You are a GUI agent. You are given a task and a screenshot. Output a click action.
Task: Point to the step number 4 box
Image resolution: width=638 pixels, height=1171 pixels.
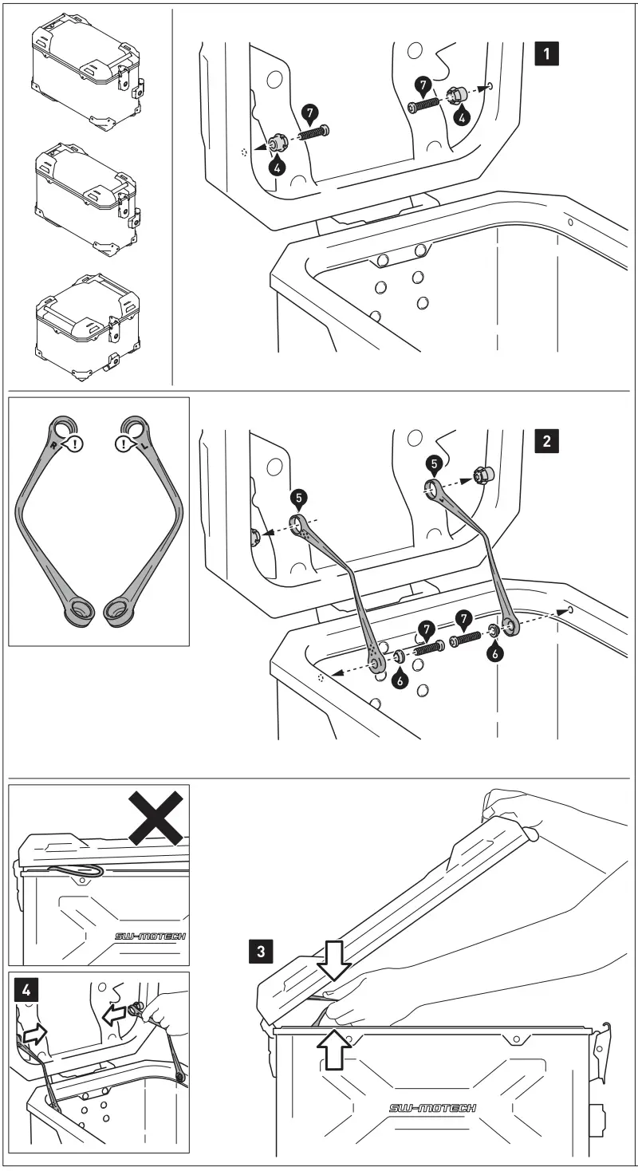(x=27, y=990)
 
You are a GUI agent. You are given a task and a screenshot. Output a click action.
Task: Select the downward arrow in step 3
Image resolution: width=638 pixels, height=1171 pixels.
(x=333, y=967)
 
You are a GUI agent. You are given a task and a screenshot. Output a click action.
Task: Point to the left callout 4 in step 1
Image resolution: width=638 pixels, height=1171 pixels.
(x=276, y=168)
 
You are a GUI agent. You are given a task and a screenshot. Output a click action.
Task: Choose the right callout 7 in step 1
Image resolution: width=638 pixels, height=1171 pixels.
(x=423, y=84)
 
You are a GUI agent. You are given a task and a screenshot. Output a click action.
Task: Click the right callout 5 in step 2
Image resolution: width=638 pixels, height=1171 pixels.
(x=431, y=462)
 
